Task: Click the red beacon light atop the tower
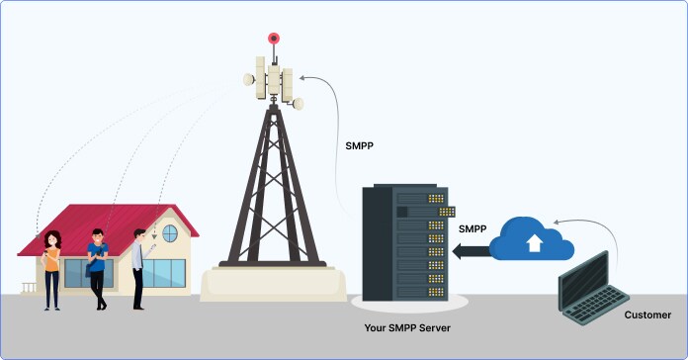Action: (274, 39)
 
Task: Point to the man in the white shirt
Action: (138, 267)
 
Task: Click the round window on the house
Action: (170, 233)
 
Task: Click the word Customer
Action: (647, 315)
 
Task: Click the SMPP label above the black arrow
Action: (473, 229)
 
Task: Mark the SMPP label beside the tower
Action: (359, 146)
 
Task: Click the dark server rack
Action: (406, 242)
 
